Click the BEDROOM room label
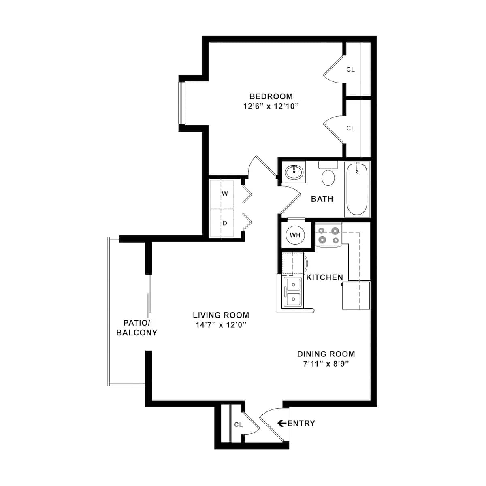271,96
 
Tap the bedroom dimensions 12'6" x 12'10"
271,107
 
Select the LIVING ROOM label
221,315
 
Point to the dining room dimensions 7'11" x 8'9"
326,364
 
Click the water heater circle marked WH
295,235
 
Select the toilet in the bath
328,175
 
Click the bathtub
357,190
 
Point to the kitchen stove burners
328,236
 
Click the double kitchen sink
292,292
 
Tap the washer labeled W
225,194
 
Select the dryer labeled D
225,223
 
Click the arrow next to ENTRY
282,423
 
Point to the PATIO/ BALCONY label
136,328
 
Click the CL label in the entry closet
238,424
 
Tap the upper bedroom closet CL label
350,70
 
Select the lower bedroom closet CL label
350,128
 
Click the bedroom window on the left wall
181,103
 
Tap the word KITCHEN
324,277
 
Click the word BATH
322,199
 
